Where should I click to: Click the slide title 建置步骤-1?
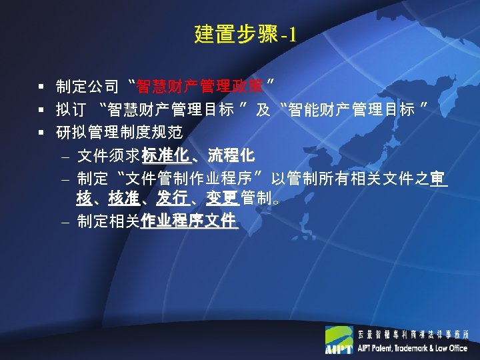coord(244,34)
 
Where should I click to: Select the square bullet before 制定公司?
coord(41,86)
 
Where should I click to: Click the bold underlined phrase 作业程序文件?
coord(189,221)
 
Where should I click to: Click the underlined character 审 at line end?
coord(438,179)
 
